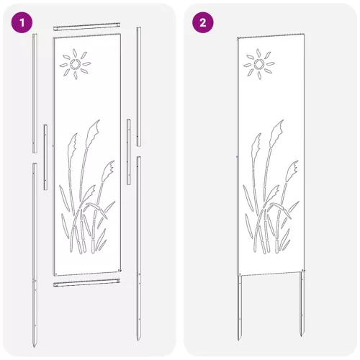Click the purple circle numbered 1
coord(22,22)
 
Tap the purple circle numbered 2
coord(203,22)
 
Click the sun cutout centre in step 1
coord(75,64)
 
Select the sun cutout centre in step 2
coord(259,64)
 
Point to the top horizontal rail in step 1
coord(86,27)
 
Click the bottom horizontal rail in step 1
coord(86,282)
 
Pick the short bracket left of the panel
coord(45,157)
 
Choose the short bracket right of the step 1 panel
coord(129,152)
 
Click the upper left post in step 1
coord(35,93)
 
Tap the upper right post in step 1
coord(139,86)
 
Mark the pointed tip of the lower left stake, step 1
coord(34,347)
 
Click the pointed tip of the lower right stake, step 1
coord(138,341)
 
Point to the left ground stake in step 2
coord(240,308)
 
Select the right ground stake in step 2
coord(302,304)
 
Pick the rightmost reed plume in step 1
coord(108,171)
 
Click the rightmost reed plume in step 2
coord(292,171)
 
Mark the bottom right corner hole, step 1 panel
coord(120,271)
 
